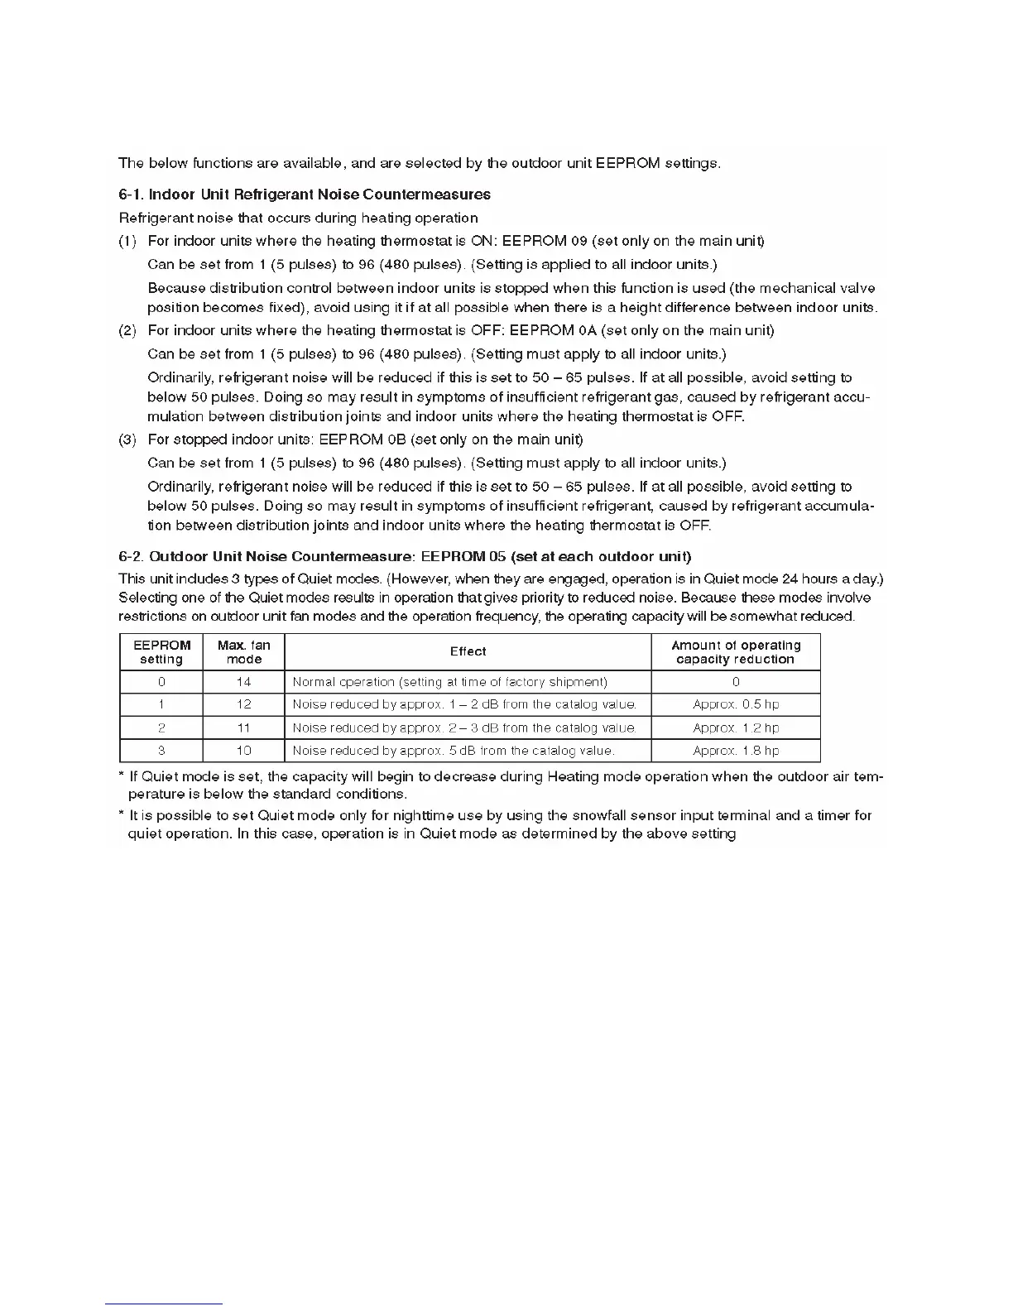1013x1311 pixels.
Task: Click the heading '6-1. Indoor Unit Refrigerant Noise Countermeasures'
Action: (305, 194)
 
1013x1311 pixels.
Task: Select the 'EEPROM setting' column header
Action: (161, 652)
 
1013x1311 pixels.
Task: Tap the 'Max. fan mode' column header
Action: (243, 652)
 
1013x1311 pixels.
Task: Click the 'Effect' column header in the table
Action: (468, 651)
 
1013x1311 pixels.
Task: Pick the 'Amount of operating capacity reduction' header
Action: (736, 652)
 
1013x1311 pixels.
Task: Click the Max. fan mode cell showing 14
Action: (243, 682)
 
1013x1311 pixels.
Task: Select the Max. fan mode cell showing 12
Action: (243, 704)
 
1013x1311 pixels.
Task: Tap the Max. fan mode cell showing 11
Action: (243, 728)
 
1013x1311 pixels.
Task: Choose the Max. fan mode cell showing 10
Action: (243, 751)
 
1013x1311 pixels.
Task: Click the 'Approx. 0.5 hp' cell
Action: (736, 704)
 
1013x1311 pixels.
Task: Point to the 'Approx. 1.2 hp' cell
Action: (736, 728)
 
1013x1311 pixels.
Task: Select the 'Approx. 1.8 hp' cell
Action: (736, 751)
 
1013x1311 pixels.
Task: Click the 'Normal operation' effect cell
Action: (450, 682)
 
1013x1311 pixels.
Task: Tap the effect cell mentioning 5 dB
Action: (454, 751)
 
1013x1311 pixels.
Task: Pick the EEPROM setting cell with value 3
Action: (161, 751)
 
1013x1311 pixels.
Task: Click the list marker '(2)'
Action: (127, 330)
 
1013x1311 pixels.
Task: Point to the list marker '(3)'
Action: (127, 439)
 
